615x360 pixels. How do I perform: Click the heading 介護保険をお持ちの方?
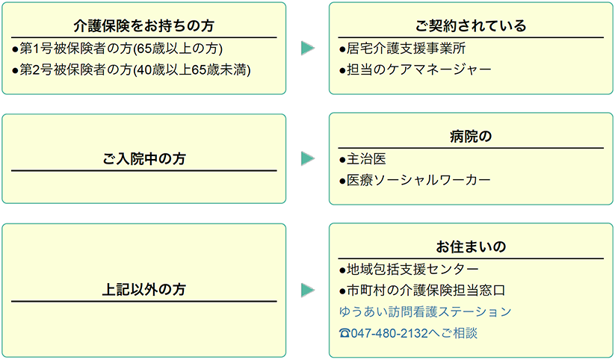click(143, 26)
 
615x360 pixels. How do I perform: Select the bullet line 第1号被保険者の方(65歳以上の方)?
click(117, 49)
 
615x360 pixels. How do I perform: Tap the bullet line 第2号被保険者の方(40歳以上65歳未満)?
click(131, 70)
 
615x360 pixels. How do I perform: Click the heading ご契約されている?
click(471, 26)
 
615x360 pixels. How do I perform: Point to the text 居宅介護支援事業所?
click(403, 49)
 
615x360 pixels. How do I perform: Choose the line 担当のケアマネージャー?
click(415, 69)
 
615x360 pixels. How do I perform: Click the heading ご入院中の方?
click(143, 159)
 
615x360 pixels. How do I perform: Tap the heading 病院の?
click(471, 137)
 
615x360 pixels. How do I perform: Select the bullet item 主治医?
click(363, 159)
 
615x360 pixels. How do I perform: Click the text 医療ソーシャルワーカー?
click(415, 181)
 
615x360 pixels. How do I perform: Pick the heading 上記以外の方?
click(143, 290)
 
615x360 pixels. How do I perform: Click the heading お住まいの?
click(471, 247)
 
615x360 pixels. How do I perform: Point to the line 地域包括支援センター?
click(409, 270)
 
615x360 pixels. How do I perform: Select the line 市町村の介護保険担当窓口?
click(422, 291)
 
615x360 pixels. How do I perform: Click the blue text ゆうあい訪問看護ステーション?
click(425, 311)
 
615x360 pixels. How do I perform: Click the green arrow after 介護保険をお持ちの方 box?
click(308, 48)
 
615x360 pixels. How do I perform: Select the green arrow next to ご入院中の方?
click(308, 158)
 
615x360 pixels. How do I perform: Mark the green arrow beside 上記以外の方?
click(308, 290)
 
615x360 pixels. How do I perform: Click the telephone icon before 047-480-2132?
click(344, 334)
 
